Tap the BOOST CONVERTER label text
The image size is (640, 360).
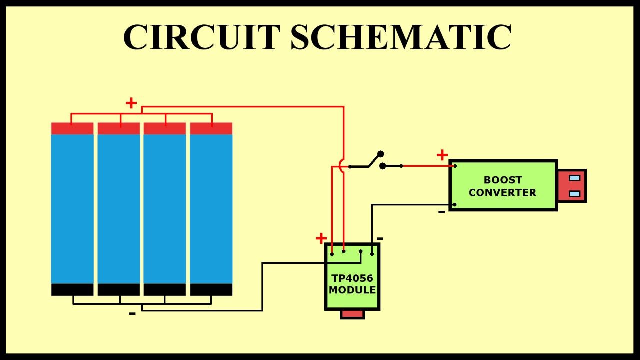502,186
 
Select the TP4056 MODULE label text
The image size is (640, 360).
352,284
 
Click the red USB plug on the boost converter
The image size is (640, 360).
571,185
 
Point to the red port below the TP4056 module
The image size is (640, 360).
352,314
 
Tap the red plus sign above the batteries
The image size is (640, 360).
131,103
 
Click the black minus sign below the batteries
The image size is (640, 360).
132,314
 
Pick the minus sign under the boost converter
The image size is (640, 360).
441,212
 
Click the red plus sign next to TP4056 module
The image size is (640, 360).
321,238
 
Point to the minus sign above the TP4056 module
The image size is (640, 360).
380,238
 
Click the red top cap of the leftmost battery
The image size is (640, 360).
72,128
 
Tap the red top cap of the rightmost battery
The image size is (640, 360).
211,128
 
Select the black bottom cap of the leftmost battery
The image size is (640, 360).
72,290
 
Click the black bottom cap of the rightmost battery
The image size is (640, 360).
211,290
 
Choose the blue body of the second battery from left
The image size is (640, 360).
119,209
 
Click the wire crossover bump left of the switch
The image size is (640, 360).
342,166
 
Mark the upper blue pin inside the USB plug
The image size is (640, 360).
575,178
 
